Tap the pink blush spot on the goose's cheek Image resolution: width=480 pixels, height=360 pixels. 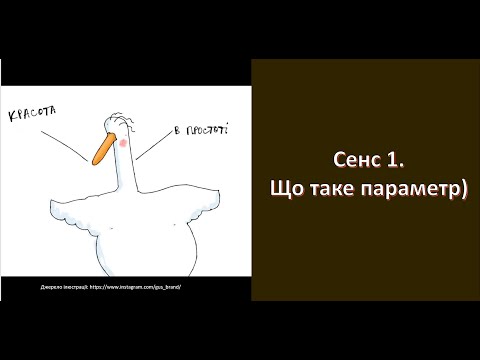pos(122,143)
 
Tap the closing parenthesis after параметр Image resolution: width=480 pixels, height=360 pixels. pos(465,189)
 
